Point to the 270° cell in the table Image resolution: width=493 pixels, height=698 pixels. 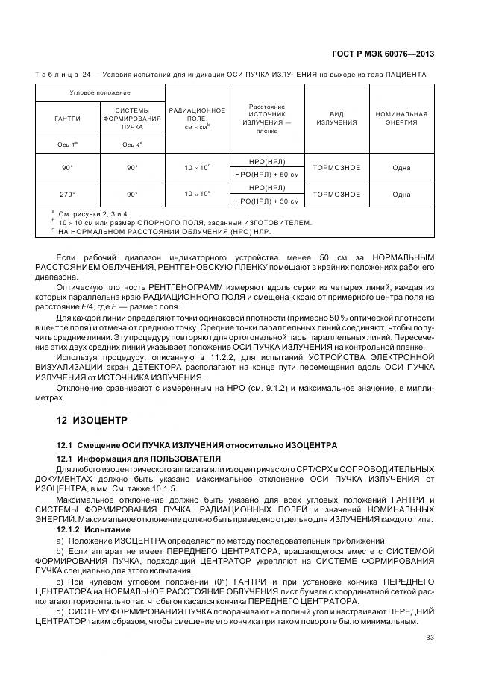pos(67,194)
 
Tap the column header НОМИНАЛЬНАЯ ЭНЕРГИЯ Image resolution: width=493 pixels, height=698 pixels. pos(401,119)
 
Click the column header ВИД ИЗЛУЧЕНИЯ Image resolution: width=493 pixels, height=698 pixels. pos(336,119)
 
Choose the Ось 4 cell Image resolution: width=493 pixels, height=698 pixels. pos(132,145)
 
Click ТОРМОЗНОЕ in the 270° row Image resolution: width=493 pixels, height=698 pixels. pos(336,194)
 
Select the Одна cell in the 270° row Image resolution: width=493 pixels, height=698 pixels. pos(401,194)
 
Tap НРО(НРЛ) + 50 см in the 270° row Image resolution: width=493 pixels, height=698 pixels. pos(267,201)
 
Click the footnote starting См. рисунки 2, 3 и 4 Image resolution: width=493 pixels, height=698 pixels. pos(93,214)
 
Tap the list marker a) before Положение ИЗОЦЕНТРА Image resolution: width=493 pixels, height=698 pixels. pos(62,540)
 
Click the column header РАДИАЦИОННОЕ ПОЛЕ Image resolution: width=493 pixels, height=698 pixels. pos(197,119)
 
